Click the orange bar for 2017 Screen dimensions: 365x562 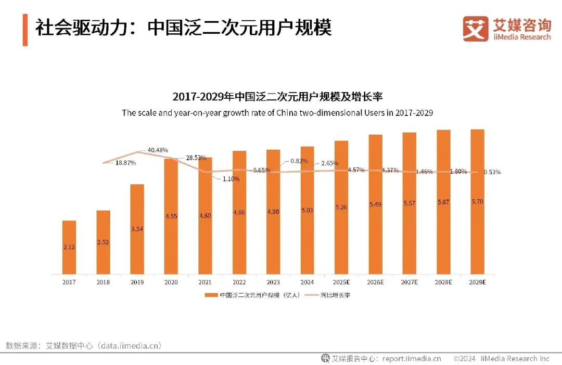(x=69, y=247)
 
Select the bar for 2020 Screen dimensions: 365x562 (x=171, y=216)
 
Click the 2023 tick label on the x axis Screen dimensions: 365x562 (x=273, y=282)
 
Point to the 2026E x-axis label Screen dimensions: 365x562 (x=375, y=282)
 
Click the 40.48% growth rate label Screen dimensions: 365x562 (x=158, y=150)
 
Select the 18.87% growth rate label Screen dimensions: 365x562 (x=125, y=163)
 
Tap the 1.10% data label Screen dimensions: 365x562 (x=230, y=179)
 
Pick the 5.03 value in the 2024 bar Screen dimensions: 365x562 (x=307, y=210)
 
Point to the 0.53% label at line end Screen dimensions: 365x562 (x=492, y=172)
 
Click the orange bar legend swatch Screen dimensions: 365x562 (x=211, y=295)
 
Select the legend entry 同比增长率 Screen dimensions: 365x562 (x=339, y=295)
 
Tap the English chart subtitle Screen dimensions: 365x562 (x=277, y=112)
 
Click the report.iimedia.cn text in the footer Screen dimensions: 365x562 (x=411, y=358)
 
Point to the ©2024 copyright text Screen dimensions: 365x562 (x=465, y=358)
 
